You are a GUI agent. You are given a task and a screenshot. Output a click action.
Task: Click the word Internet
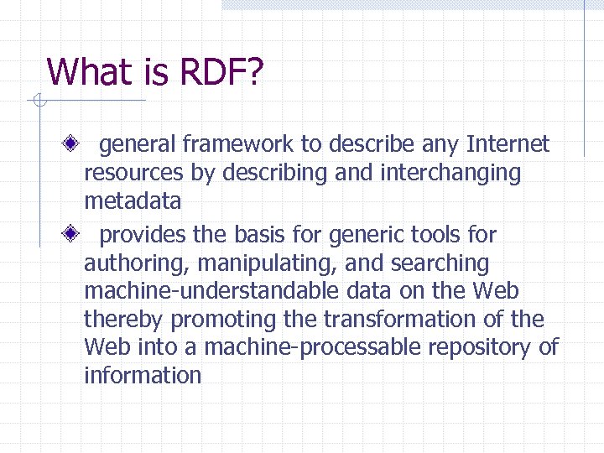(508, 144)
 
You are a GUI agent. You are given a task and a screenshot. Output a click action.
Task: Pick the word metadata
(132, 202)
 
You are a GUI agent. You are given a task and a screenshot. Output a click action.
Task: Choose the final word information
(142, 375)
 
